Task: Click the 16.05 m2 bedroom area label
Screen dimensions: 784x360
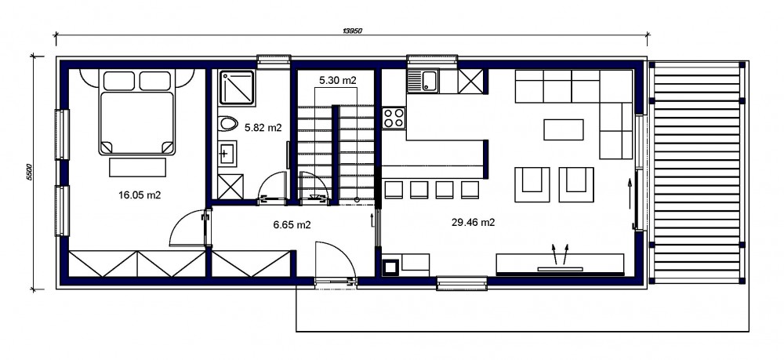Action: pos(140,195)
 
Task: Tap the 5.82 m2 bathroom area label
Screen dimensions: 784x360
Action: pos(263,128)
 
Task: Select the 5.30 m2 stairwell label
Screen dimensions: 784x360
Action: pos(338,79)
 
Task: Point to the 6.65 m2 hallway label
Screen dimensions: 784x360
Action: pos(292,225)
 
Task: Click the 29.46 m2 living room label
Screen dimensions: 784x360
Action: pos(473,223)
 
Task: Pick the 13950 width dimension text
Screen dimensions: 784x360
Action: pos(353,31)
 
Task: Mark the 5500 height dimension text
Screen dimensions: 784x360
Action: pos(29,172)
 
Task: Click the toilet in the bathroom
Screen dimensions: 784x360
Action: pos(228,123)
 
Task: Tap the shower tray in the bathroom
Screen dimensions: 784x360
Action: pos(237,88)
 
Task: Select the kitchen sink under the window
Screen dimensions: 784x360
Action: pos(423,81)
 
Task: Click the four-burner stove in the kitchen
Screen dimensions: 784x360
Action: pos(394,118)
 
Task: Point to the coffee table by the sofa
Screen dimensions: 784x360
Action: pos(564,129)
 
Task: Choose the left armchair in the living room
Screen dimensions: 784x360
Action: pos(532,184)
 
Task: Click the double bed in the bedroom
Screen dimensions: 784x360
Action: pos(138,112)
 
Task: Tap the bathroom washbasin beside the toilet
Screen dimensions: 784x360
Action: pos(228,153)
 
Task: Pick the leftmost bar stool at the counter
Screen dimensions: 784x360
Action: pos(394,190)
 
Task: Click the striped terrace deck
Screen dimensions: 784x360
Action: pos(697,173)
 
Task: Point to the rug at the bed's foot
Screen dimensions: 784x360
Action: pos(137,167)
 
